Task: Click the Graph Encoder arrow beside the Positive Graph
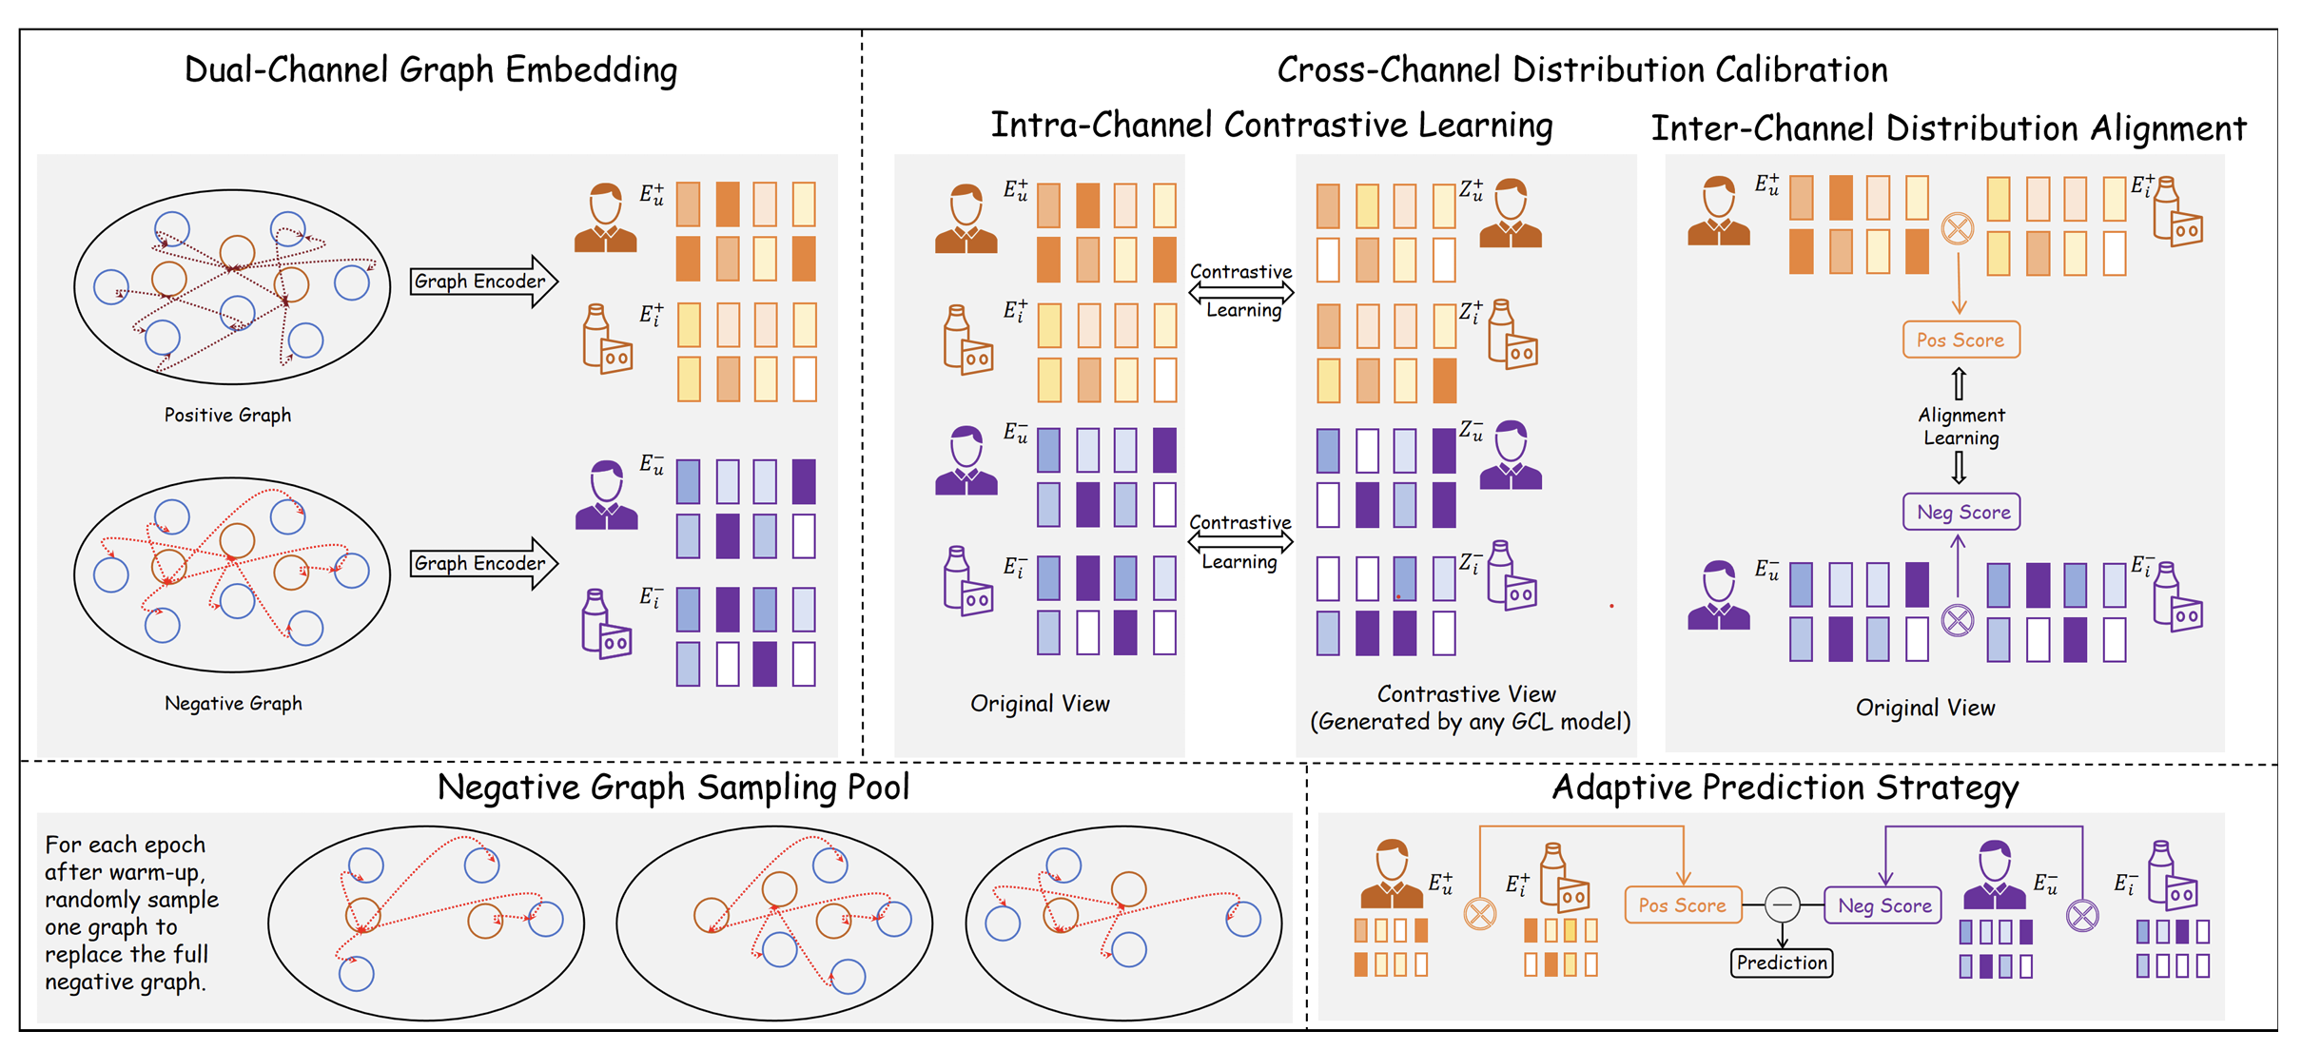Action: click(x=481, y=282)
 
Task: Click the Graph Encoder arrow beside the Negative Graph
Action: click(x=481, y=564)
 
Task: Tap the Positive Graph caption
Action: click(x=227, y=416)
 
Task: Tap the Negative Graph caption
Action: click(x=233, y=704)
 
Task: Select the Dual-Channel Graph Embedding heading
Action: click(x=430, y=70)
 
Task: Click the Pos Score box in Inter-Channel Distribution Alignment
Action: click(x=1960, y=340)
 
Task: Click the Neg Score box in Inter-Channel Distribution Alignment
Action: click(x=1961, y=513)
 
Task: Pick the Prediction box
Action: click(x=1781, y=963)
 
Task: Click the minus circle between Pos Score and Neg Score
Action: click(x=1782, y=904)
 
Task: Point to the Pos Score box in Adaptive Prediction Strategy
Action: click(x=1682, y=905)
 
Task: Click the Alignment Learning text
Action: click(x=1961, y=427)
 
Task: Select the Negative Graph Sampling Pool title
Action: click(x=673, y=787)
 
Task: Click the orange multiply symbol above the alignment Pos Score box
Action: click(x=1957, y=228)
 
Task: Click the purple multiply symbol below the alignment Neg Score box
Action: click(x=1957, y=621)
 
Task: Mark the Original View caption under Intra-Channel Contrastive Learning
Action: click(x=1039, y=704)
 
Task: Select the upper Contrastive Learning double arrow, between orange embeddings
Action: click(x=1240, y=292)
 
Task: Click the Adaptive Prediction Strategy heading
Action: click(x=1785, y=787)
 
